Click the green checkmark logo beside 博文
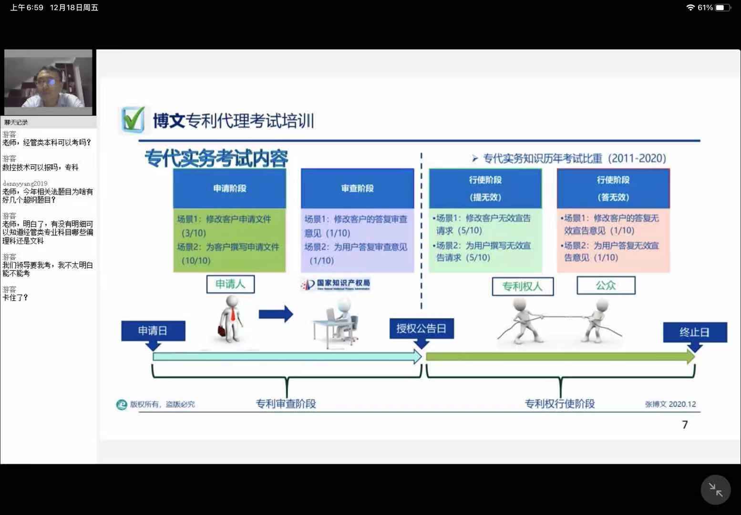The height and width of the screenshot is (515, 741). pos(132,119)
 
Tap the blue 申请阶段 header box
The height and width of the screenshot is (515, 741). pos(229,188)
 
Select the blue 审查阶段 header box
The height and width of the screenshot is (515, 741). pos(357,188)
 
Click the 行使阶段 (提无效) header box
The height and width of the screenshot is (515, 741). pos(485,188)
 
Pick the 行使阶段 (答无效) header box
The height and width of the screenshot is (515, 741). pos(613,188)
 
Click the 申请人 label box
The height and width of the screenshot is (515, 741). pos(230,284)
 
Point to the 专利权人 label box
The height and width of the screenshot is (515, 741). pos(522,286)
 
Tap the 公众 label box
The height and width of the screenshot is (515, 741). pos(606,285)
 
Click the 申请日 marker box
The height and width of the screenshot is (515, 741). pos(153,331)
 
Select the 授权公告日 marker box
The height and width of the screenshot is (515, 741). pos(421,329)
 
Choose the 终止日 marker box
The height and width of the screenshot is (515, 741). pos(694,332)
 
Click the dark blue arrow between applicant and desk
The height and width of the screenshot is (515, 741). pos(276,314)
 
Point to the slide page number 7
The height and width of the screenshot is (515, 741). pos(685,424)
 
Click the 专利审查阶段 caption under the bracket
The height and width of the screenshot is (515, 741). pos(286,404)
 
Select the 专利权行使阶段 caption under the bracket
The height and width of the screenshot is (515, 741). pos(559,404)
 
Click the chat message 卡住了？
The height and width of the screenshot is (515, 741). pos(15,298)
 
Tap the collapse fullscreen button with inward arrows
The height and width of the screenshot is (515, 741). pos(715,489)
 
